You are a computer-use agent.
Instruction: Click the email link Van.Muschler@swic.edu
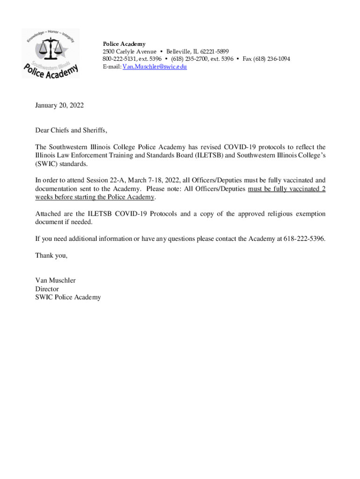tap(154, 67)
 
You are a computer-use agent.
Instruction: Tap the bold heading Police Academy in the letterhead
tap(124, 44)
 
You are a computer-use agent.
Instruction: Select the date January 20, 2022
tap(59, 106)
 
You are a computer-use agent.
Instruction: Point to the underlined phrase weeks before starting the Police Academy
tap(95, 197)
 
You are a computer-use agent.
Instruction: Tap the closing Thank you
tap(51, 256)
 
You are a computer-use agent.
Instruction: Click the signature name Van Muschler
tap(55, 281)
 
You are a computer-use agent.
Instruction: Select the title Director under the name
tap(47, 289)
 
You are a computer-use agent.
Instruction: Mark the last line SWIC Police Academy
tap(68, 298)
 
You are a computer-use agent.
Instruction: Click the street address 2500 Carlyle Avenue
tap(130, 51)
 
